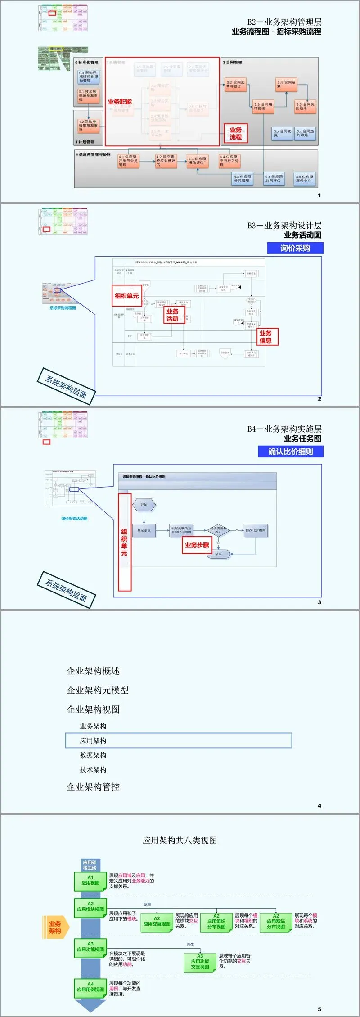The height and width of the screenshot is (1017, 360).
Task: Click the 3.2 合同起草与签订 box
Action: coord(236,85)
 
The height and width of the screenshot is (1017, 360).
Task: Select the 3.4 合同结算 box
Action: coord(287,84)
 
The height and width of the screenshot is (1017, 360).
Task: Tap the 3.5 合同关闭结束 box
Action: coord(305,106)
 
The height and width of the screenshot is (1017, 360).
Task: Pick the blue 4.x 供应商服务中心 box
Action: coord(305,179)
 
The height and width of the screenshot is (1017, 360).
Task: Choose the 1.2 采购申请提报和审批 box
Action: coord(88,126)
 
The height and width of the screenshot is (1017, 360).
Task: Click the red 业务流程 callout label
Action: coord(236,133)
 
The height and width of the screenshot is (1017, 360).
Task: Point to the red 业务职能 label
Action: coord(120,102)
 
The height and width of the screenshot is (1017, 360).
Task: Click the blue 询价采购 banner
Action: coord(295,248)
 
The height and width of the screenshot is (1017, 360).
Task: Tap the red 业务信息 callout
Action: coord(265,337)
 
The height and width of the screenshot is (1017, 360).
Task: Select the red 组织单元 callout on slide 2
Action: coord(126,296)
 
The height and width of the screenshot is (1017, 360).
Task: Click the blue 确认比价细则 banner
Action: coord(291,452)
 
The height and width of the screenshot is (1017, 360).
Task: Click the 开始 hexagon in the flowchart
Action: coord(144,505)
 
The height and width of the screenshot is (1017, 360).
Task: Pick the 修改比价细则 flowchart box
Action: coord(256,530)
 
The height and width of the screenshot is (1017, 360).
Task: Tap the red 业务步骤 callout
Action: coord(197,545)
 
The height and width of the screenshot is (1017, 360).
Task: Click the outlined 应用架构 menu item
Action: coord(179,741)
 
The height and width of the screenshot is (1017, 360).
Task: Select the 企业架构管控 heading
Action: coord(93,786)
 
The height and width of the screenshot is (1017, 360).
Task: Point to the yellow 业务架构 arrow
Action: coord(55,927)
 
